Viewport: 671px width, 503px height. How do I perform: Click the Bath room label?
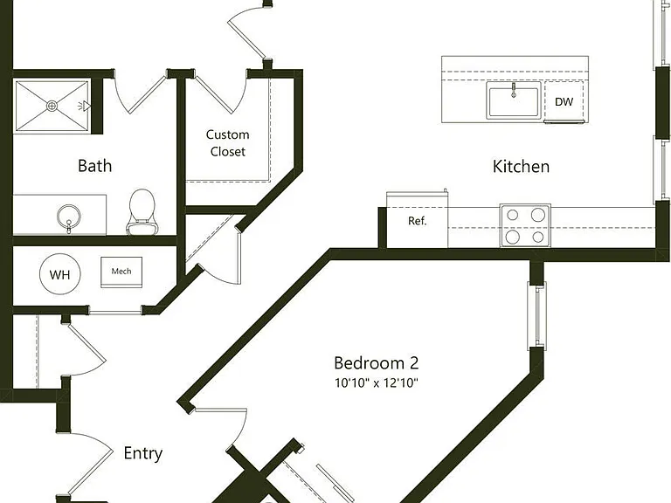95,166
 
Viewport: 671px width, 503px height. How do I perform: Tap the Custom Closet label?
228,143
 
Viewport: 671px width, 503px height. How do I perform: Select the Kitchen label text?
521,167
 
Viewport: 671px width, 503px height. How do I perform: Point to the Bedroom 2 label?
377,362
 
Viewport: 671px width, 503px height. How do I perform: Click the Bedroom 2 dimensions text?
377,382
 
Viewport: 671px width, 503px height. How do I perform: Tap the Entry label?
143,453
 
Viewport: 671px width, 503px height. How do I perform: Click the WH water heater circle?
60,274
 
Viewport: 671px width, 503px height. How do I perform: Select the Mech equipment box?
121,272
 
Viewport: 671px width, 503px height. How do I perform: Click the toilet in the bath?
142,212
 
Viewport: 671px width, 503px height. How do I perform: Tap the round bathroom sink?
68,217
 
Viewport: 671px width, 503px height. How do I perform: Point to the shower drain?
52,105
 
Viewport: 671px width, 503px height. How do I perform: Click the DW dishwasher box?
564,102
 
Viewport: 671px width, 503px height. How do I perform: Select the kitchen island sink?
514,100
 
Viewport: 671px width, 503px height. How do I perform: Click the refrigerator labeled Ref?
418,220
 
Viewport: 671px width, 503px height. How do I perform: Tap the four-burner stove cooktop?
525,225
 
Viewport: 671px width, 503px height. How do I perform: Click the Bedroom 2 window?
536,315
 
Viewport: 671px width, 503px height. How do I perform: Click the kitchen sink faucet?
514,90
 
